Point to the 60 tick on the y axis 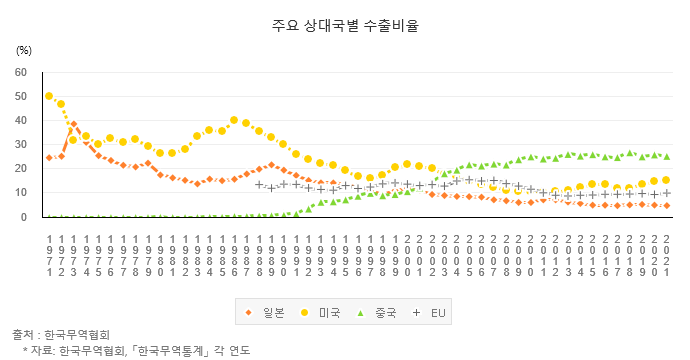coord(21,72)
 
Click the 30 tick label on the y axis coord(21,145)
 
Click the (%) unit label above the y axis coord(24,48)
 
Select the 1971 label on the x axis coord(49,254)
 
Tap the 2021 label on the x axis coord(666,254)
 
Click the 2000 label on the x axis coord(407,254)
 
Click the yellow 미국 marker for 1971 coord(49,96)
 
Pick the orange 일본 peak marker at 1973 coord(74,125)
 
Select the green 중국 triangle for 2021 coord(666,157)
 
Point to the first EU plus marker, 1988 coord(259,184)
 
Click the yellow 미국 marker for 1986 coord(234,120)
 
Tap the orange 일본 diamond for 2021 coord(666,206)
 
